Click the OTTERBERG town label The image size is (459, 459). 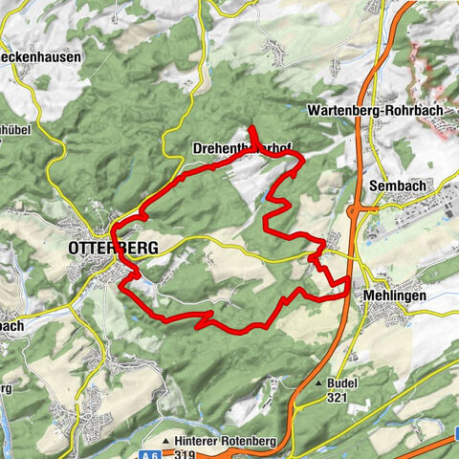tap(113, 248)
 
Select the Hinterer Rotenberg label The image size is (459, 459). tap(229, 443)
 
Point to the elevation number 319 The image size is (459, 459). tap(185, 455)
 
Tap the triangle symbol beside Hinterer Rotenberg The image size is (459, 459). tap(166, 443)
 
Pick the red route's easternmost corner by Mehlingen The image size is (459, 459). tap(346, 297)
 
